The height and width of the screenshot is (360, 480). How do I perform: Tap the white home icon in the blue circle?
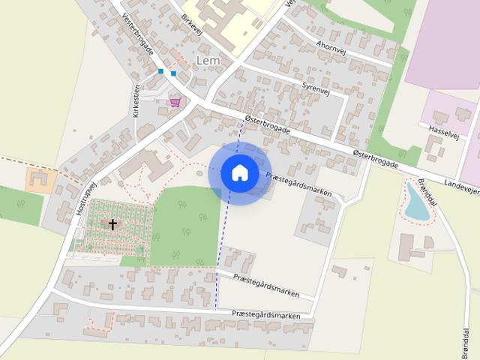(x=239, y=172)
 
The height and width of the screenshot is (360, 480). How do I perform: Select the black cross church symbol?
(x=113, y=224)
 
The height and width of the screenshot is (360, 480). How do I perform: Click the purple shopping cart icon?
(x=175, y=102)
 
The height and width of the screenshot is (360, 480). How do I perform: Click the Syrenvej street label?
(x=316, y=88)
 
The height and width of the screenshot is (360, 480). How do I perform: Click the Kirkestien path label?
(x=136, y=103)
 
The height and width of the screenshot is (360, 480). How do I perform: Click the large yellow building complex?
(x=229, y=16)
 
